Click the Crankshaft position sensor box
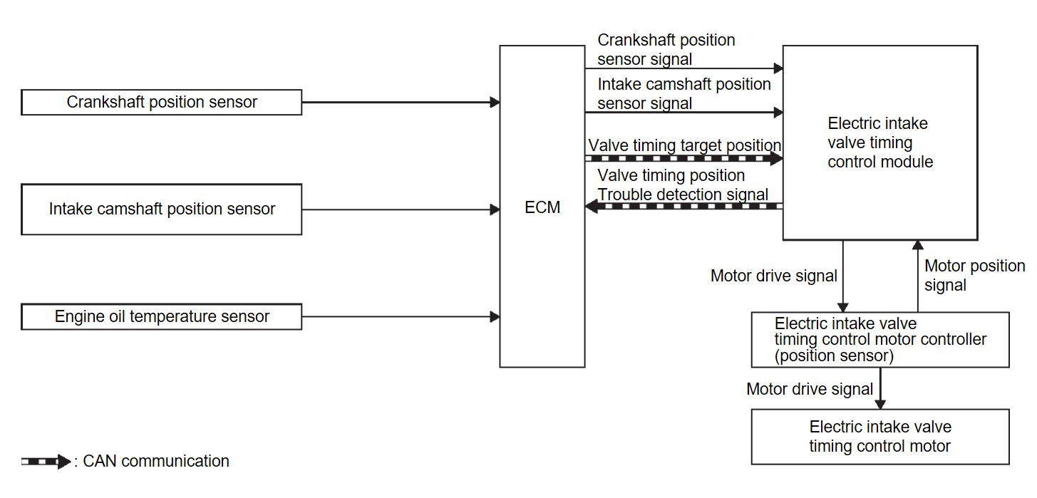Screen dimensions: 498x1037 click(x=162, y=102)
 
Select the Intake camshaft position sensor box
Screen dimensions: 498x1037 click(x=162, y=209)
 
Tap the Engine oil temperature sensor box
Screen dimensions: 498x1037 click(x=162, y=316)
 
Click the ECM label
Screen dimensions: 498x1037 click(x=542, y=207)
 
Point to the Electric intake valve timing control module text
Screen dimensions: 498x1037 click(x=879, y=142)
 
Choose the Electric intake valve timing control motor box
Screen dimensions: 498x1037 click(x=880, y=437)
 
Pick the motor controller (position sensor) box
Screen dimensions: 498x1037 click(x=880, y=339)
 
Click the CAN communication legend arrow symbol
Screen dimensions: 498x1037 click(x=46, y=462)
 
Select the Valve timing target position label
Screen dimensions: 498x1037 click(x=684, y=145)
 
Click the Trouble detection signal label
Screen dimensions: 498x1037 click(x=683, y=194)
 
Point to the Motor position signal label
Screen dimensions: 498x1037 click(x=974, y=275)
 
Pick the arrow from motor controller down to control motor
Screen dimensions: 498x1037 click(x=881, y=388)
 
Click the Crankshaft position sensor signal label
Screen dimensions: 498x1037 click(x=666, y=50)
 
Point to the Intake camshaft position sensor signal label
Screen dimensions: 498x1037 click(x=683, y=94)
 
